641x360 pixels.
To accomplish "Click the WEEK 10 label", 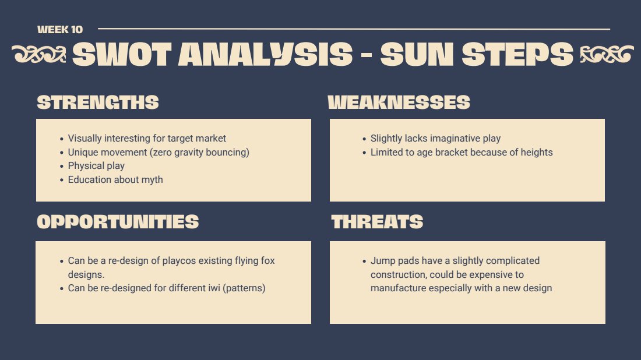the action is [x=59, y=30].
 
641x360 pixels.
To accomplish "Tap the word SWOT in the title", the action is [x=122, y=54].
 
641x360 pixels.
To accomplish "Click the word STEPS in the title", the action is [x=517, y=54].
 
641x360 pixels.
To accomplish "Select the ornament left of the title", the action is [x=39, y=54].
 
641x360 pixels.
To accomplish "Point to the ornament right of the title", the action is [x=607, y=54].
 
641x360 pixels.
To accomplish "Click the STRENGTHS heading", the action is [x=98, y=102].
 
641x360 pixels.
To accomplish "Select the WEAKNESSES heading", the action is [x=399, y=102].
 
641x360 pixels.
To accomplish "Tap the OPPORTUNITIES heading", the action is [x=118, y=222].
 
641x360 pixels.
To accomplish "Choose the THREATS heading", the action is [x=377, y=222].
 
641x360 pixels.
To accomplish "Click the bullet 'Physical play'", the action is [x=96, y=166].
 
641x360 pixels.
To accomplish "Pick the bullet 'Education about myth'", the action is [x=115, y=180].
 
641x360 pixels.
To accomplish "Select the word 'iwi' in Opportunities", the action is [x=214, y=288].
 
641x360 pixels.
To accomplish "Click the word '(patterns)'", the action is [x=244, y=288].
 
